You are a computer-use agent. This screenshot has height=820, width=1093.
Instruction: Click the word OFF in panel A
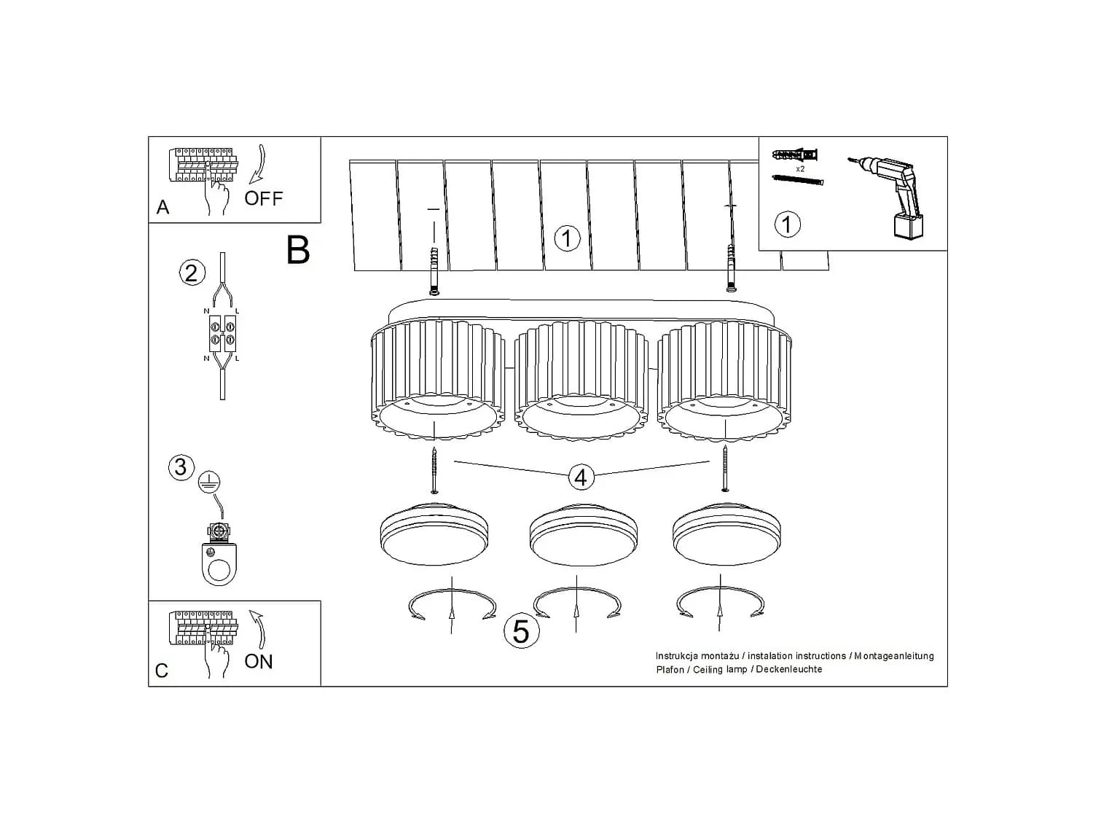[x=264, y=199]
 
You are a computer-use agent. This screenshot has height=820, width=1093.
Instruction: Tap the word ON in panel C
[x=259, y=662]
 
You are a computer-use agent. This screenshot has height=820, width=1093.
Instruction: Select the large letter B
[x=298, y=249]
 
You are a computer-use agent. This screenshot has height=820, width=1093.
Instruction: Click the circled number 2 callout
[x=192, y=273]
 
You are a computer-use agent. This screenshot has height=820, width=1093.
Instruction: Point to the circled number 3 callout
[x=181, y=467]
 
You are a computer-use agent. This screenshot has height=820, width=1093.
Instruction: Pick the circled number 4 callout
[x=581, y=477]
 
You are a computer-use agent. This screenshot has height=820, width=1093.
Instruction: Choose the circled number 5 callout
[x=521, y=631]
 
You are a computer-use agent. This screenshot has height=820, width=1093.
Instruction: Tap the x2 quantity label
[x=800, y=169]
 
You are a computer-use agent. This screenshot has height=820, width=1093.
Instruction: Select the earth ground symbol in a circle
[x=210, y=483]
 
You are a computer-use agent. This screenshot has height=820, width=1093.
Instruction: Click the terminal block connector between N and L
[x=222, y=333]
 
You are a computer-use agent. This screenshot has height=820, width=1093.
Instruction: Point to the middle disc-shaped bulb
[x=582, y=534]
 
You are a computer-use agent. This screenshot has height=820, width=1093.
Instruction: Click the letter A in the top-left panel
[x=162, y=208]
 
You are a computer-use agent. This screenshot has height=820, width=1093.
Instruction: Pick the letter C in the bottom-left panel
[x=162, y=671]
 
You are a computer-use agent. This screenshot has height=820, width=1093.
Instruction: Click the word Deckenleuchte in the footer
[x=788, y=670]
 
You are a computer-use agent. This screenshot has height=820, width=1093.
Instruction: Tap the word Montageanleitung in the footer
[x=894, y=656]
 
